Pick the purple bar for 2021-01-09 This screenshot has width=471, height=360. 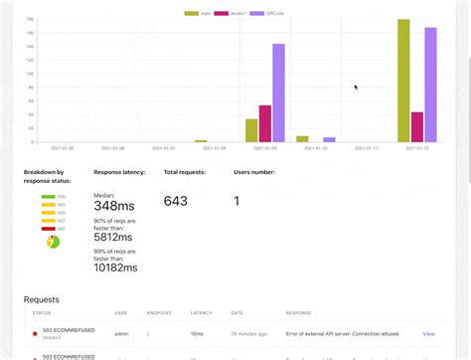click(x=278, y=93)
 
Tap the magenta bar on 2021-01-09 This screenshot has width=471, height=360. click(x=265, y=124)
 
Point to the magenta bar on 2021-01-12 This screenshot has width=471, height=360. click(x=417, y=127)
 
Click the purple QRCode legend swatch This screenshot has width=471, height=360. click(x=256, y=13)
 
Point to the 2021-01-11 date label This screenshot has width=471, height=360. click(x=367, y=148)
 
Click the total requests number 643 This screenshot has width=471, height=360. click(x=176, y=202)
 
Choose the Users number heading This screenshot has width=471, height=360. click(x=256, y=172)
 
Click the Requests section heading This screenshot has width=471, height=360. click(x=42, y=298)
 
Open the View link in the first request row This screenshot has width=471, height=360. click(x=428, y=334)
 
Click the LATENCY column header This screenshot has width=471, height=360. click(x=200, y=312)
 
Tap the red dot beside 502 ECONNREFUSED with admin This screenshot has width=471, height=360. click(x=35, y=334)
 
